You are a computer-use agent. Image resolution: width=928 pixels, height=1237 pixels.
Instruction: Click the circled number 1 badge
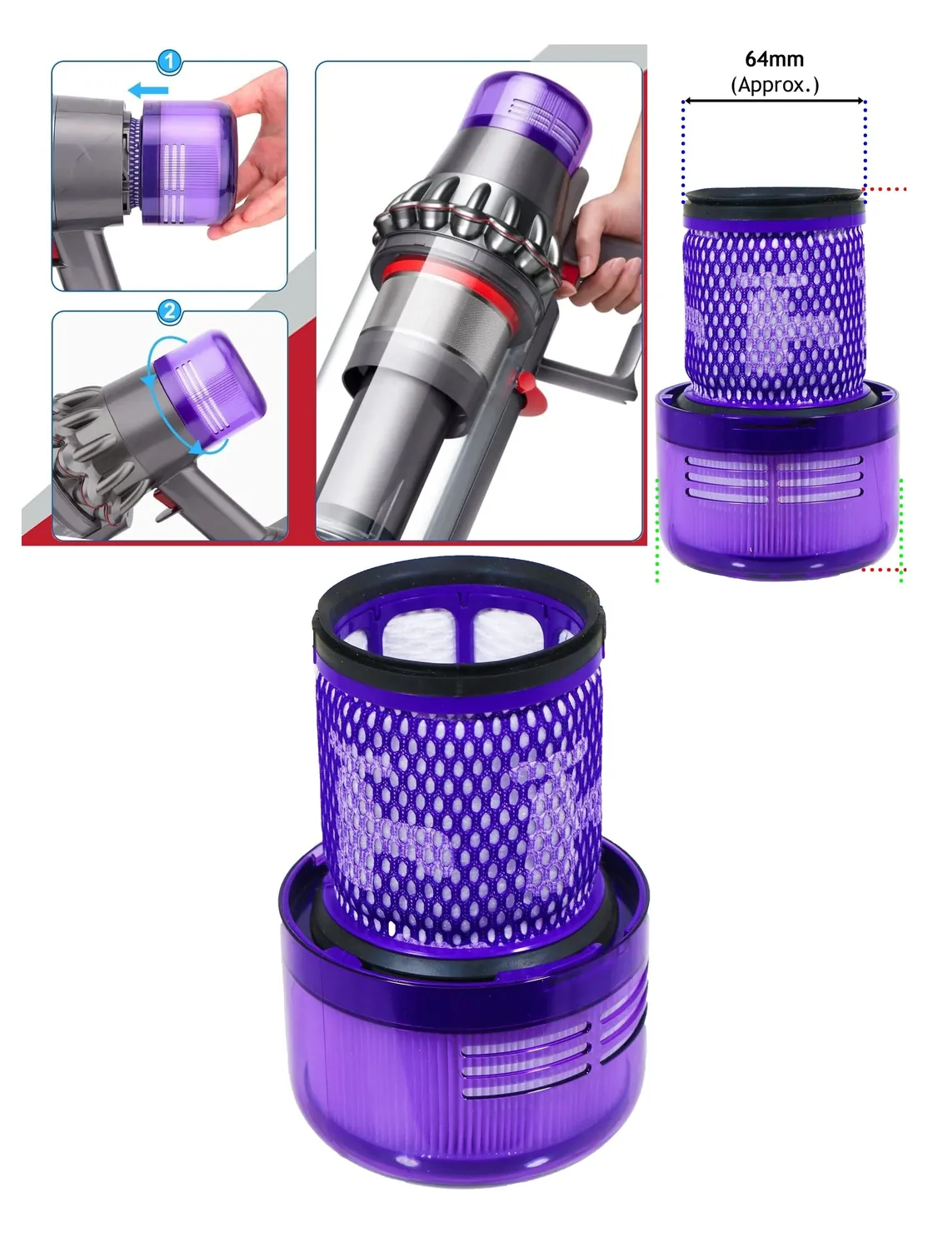[169, 62]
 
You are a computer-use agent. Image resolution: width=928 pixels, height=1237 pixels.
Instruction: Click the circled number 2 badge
[169, 311]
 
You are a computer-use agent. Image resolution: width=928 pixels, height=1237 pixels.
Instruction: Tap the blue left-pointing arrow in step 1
[148, 90]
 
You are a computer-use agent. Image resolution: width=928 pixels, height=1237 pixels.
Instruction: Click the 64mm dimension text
[774, 58]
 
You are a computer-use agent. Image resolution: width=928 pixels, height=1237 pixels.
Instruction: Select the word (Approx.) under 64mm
[775, 85]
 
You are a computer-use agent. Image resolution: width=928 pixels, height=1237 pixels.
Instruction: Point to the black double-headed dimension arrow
[774, 101]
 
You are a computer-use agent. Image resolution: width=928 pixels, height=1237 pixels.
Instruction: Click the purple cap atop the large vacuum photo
[526, 118]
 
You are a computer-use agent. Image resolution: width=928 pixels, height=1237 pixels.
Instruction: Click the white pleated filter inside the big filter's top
[459, 636]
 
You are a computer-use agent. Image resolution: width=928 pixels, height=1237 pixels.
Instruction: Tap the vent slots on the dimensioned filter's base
[774, 479]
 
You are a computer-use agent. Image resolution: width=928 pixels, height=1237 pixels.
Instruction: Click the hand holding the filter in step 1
[251, 155]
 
